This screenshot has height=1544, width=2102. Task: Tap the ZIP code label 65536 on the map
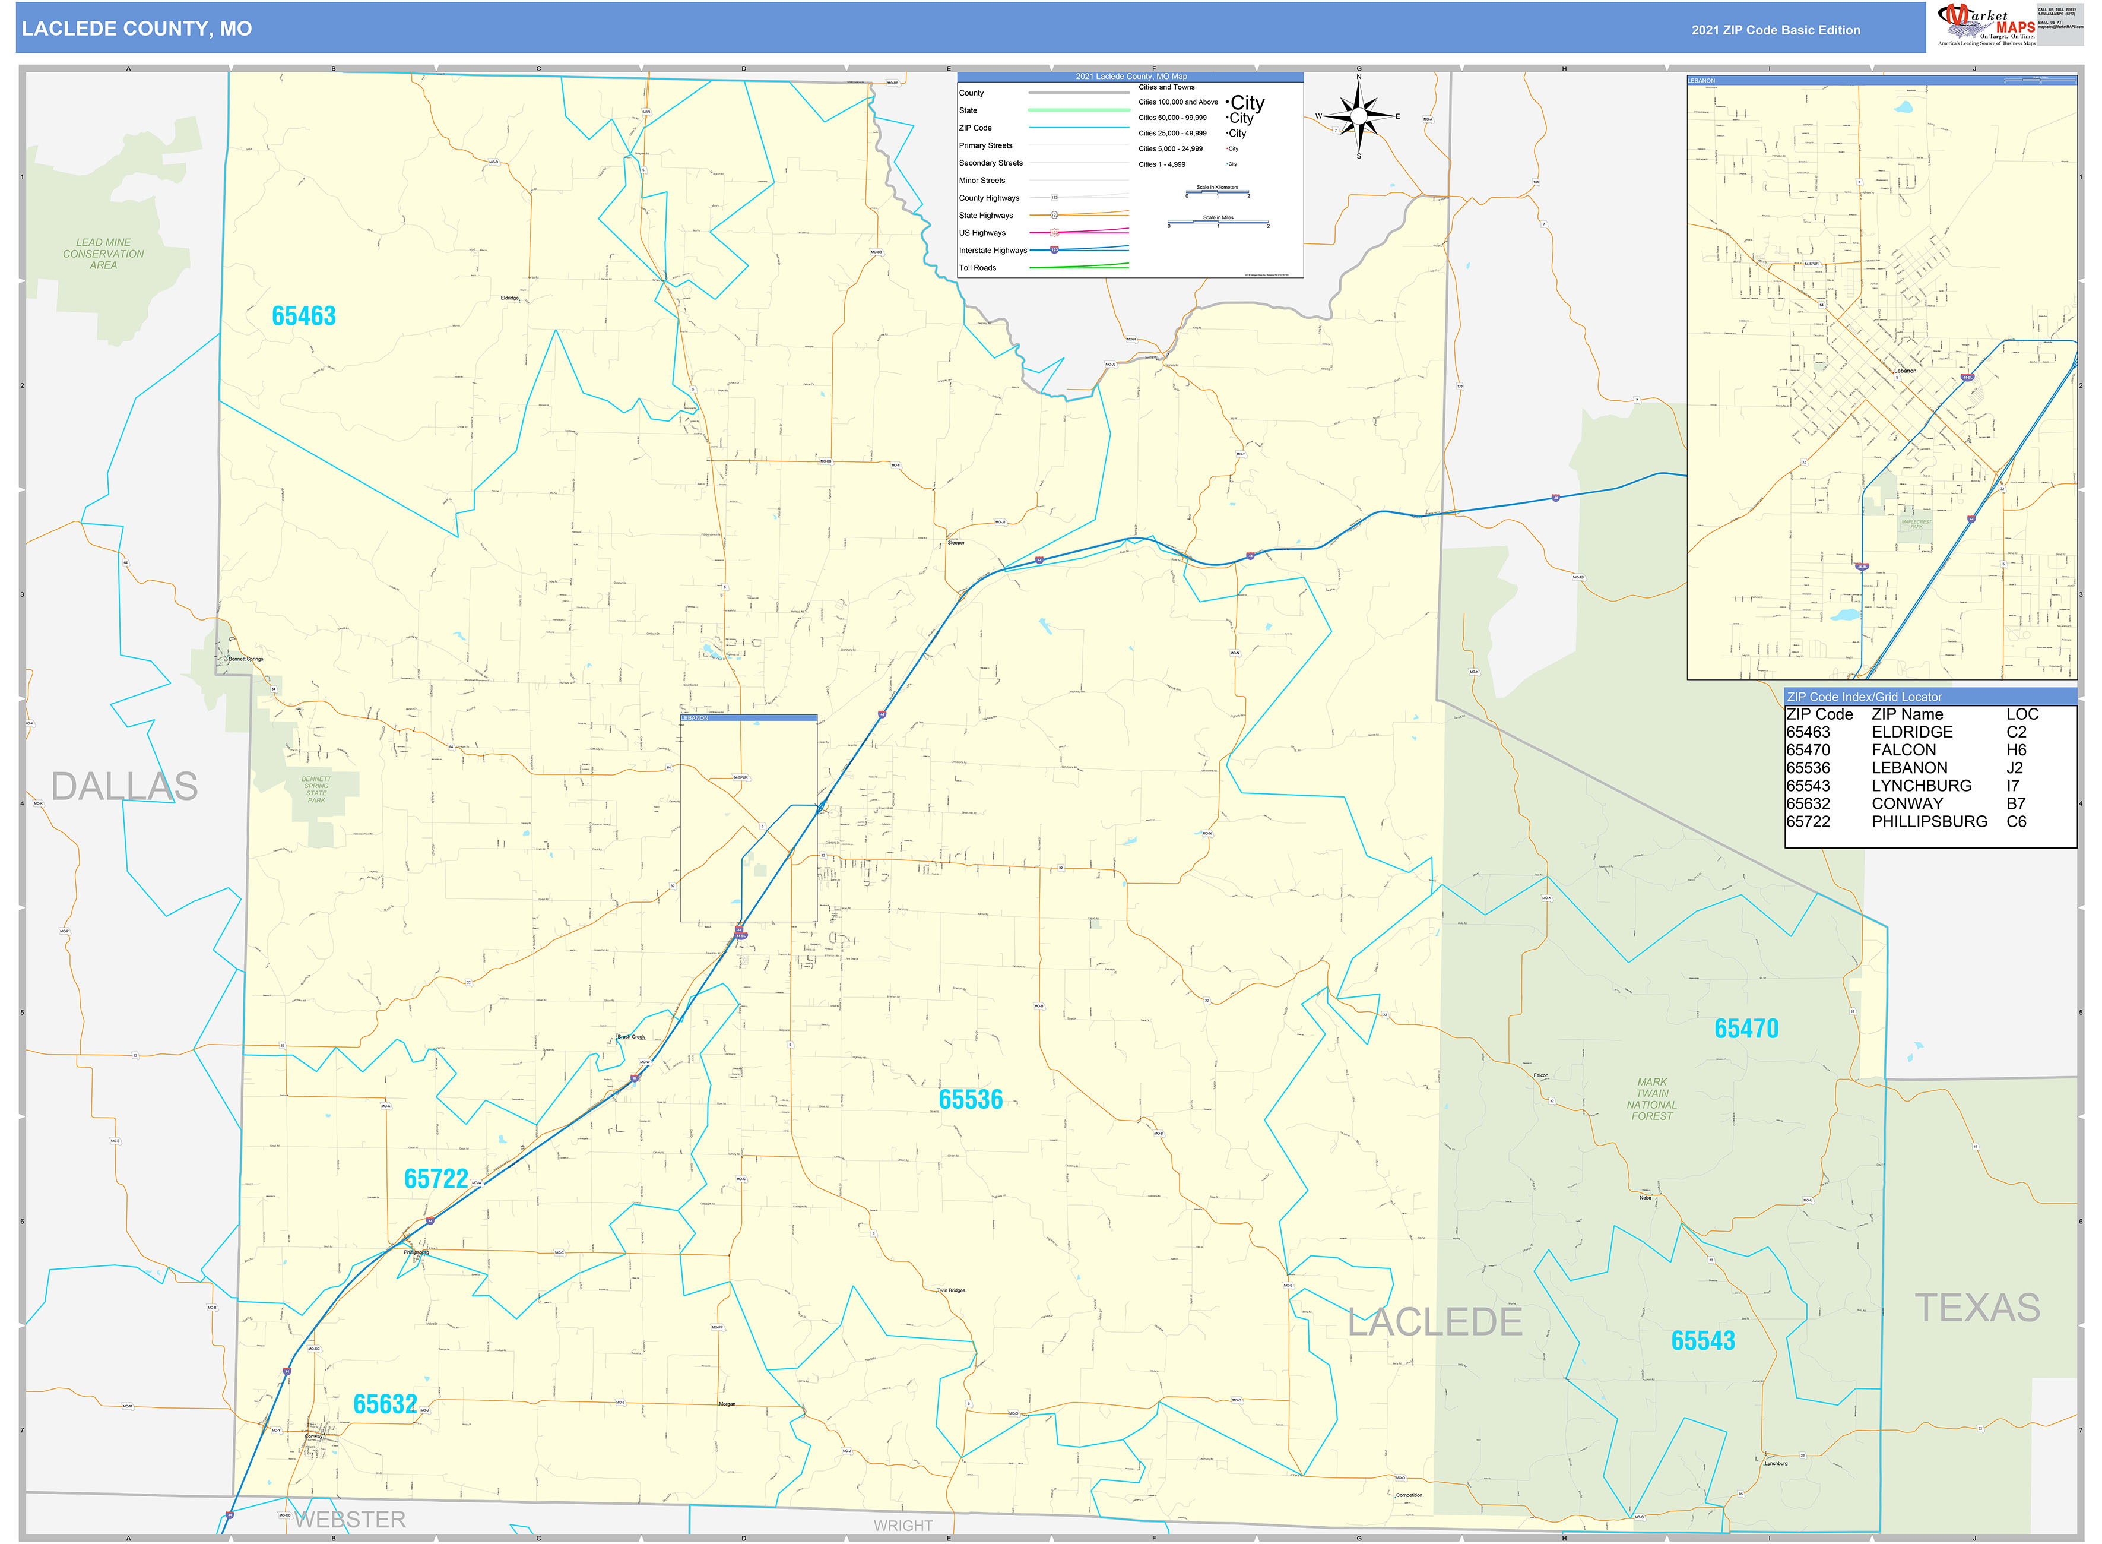[971, 1100]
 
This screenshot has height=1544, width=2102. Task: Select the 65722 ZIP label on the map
[435, 1179]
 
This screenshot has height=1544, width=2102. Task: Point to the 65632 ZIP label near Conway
[385, 1404]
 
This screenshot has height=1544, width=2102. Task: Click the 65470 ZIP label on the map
[1746, 1030]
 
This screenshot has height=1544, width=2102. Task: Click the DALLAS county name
[124, 787]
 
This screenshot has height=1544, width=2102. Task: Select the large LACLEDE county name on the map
[1434, 1322]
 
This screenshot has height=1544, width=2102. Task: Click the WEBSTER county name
[350, 1520]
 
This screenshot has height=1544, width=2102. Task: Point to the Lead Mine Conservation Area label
[104, 254]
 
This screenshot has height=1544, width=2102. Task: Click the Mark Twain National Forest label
[1651, 1099]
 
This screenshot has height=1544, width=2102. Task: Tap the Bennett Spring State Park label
[317, 790]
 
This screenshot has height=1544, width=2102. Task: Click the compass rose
[1359, 116]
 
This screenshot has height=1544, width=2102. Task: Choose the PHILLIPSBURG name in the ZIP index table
[1929, 822]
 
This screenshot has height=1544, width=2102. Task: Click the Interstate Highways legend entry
[992, 251]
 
